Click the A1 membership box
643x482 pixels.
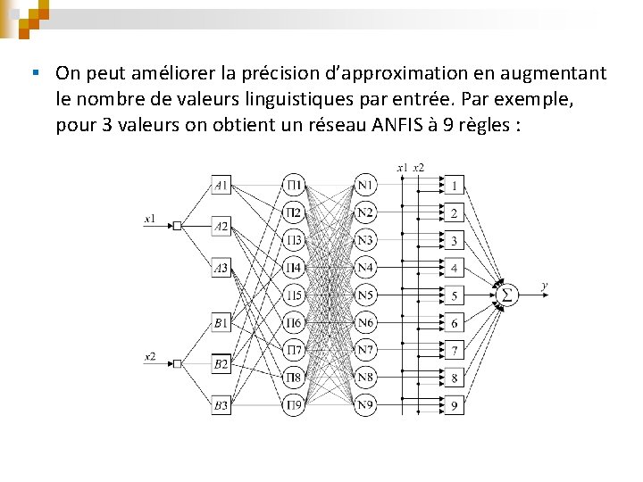coord(221,186)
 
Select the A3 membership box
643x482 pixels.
coord(221,267)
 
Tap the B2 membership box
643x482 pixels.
coord(221,363)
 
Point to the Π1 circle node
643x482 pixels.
coord(294,186)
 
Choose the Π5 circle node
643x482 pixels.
coord(294,295)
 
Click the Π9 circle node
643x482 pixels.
coord(294,405)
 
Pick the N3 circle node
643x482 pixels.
coord(365,240)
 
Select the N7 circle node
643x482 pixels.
coord(365,350)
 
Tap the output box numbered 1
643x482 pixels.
coord(454,186)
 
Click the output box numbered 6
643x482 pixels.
coord(454,323)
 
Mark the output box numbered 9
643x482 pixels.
coord(454,405)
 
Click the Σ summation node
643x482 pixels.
coord(506,295)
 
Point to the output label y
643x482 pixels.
coord(545,287)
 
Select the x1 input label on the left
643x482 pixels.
coord(150,217)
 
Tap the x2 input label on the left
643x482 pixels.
coord(150,356)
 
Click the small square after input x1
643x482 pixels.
coord(178,226)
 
